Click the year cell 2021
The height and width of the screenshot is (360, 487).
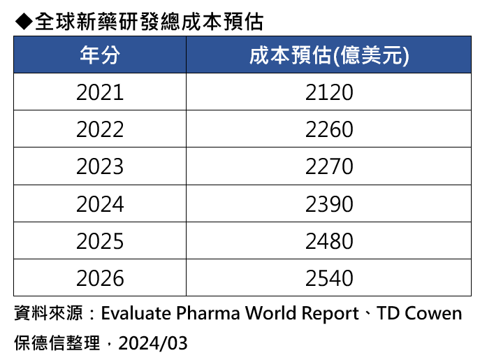pyautogui.click(x=100, y=92)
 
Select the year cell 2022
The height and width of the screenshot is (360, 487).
pyautogui.click(x=100, y=129)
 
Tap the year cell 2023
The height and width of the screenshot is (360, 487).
pyautogui.click(x=100, y=166)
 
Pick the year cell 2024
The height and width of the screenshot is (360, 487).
pyautogui.click(x=100, y=204)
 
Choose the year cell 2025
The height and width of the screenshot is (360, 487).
pyautogui.click(x=100, y=241)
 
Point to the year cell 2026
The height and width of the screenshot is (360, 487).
pyautogui.click(x=100, y=278)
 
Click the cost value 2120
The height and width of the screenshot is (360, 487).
pyautogui.click(x=329, y=92)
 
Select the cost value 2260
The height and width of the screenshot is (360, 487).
pyautogui.click(x=329, y=129)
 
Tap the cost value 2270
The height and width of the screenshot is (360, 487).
pyautogui.click(x=329, y=166)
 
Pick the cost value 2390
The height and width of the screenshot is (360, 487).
pyautogui.click(x=329, y=204)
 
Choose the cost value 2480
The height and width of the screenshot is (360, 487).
pyautogui.click(x=329, y=241)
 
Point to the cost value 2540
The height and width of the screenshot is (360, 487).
pyautogui.click(x=329, y=278)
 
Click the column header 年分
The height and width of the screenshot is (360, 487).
pyautogui.click(x=100, y=55)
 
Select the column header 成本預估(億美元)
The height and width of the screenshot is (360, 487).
pyautogui.click(x=329, y=55)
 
